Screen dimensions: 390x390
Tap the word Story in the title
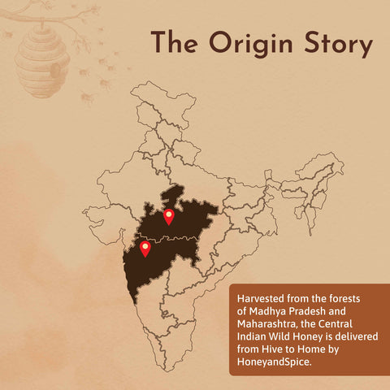point(334,45)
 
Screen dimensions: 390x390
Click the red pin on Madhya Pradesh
point(169,216)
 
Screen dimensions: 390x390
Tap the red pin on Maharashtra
point(145,248)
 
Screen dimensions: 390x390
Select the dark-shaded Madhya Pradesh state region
point(188,218)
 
